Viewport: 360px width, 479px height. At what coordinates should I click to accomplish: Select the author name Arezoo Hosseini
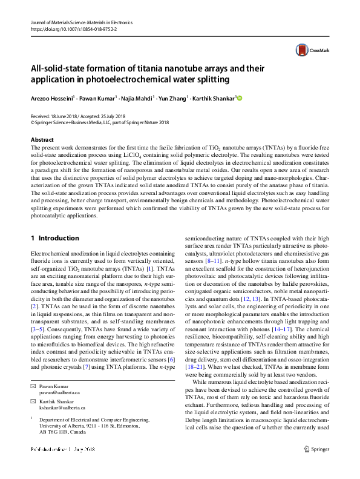click(x=52, y=97)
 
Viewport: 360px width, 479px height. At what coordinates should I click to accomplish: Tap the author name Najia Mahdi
click(x=137, y=97)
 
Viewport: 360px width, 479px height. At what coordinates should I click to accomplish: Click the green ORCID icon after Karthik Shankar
click(x=238, y=97)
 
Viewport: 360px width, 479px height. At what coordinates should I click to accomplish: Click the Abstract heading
click(x=42, y=140)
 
